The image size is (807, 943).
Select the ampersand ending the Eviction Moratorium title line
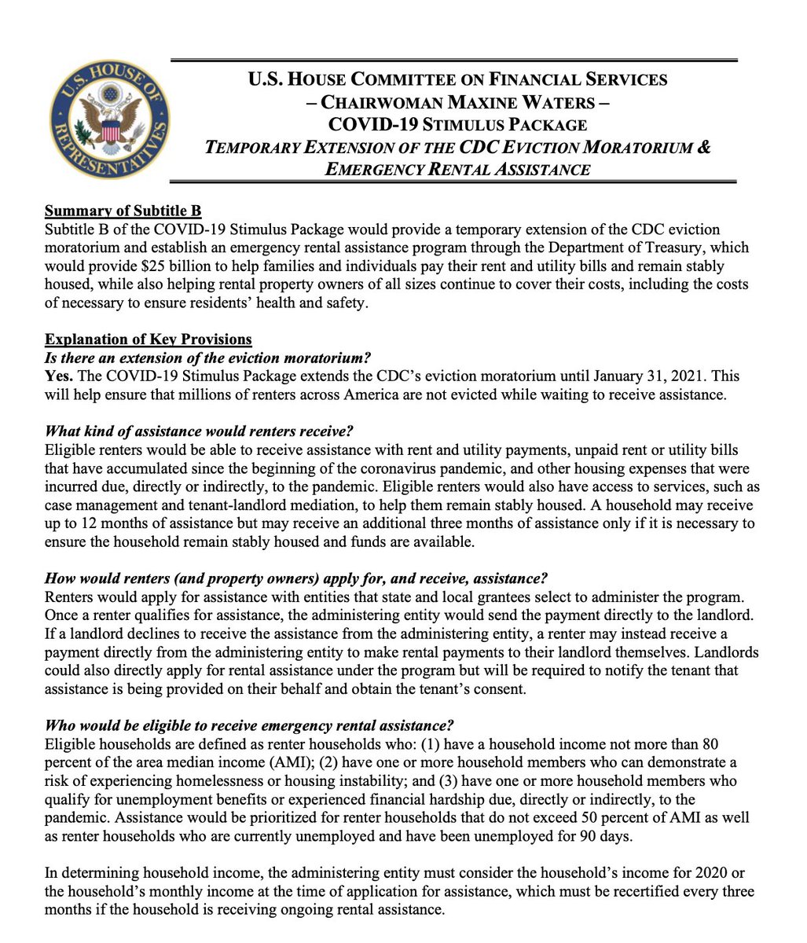[x=704, y=147]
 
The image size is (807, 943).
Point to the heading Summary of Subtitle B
[x=123, y=211]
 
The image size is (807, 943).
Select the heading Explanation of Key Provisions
[x=149, y=339]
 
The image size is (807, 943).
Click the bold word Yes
[x=59, y=376]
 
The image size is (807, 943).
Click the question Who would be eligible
[x=251, y=725]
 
